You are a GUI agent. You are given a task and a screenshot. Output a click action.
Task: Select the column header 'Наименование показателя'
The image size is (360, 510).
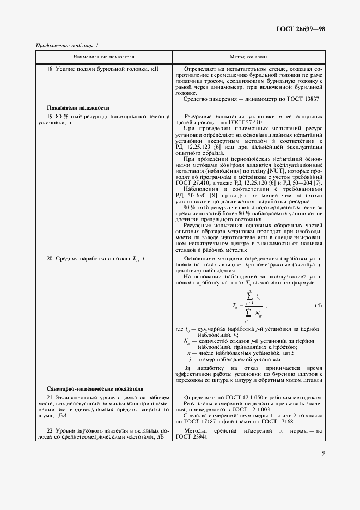[x=103, y=57]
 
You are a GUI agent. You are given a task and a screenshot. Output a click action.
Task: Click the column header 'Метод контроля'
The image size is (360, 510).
[x=249, y=57]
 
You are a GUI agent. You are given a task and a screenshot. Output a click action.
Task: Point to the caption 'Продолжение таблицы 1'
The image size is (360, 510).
[x=67, y=45]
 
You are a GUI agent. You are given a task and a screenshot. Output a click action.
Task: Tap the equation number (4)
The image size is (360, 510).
[x=319, y=305]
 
